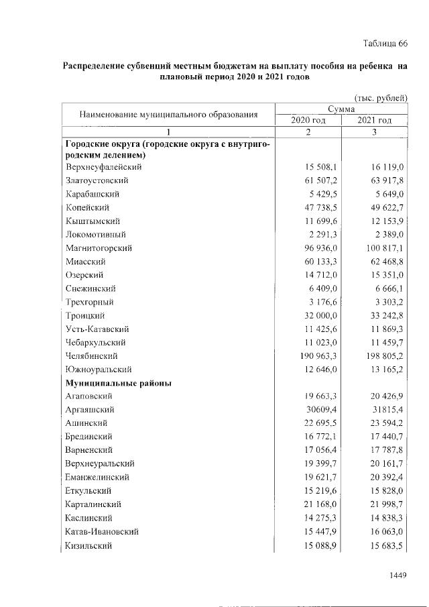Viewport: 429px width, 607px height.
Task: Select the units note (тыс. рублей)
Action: coord(381,98)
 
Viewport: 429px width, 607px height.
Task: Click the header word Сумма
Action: coord(341,109)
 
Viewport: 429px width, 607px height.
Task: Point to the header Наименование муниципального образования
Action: coord(169,114)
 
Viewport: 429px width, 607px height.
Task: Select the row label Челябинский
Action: coord(92,356)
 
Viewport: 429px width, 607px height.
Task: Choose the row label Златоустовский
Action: coord(97,180)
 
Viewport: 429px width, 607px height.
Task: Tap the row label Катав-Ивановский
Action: coord(102,532)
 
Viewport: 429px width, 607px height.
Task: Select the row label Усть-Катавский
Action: coord(97,329)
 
